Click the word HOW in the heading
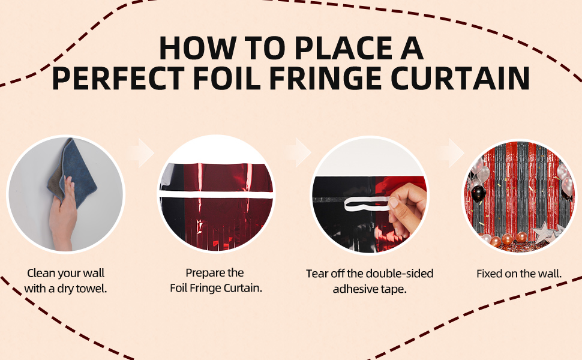click(x=197, y=48)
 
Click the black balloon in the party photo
click(x=478, y=194)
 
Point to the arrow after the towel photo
click(x=143, y=152)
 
